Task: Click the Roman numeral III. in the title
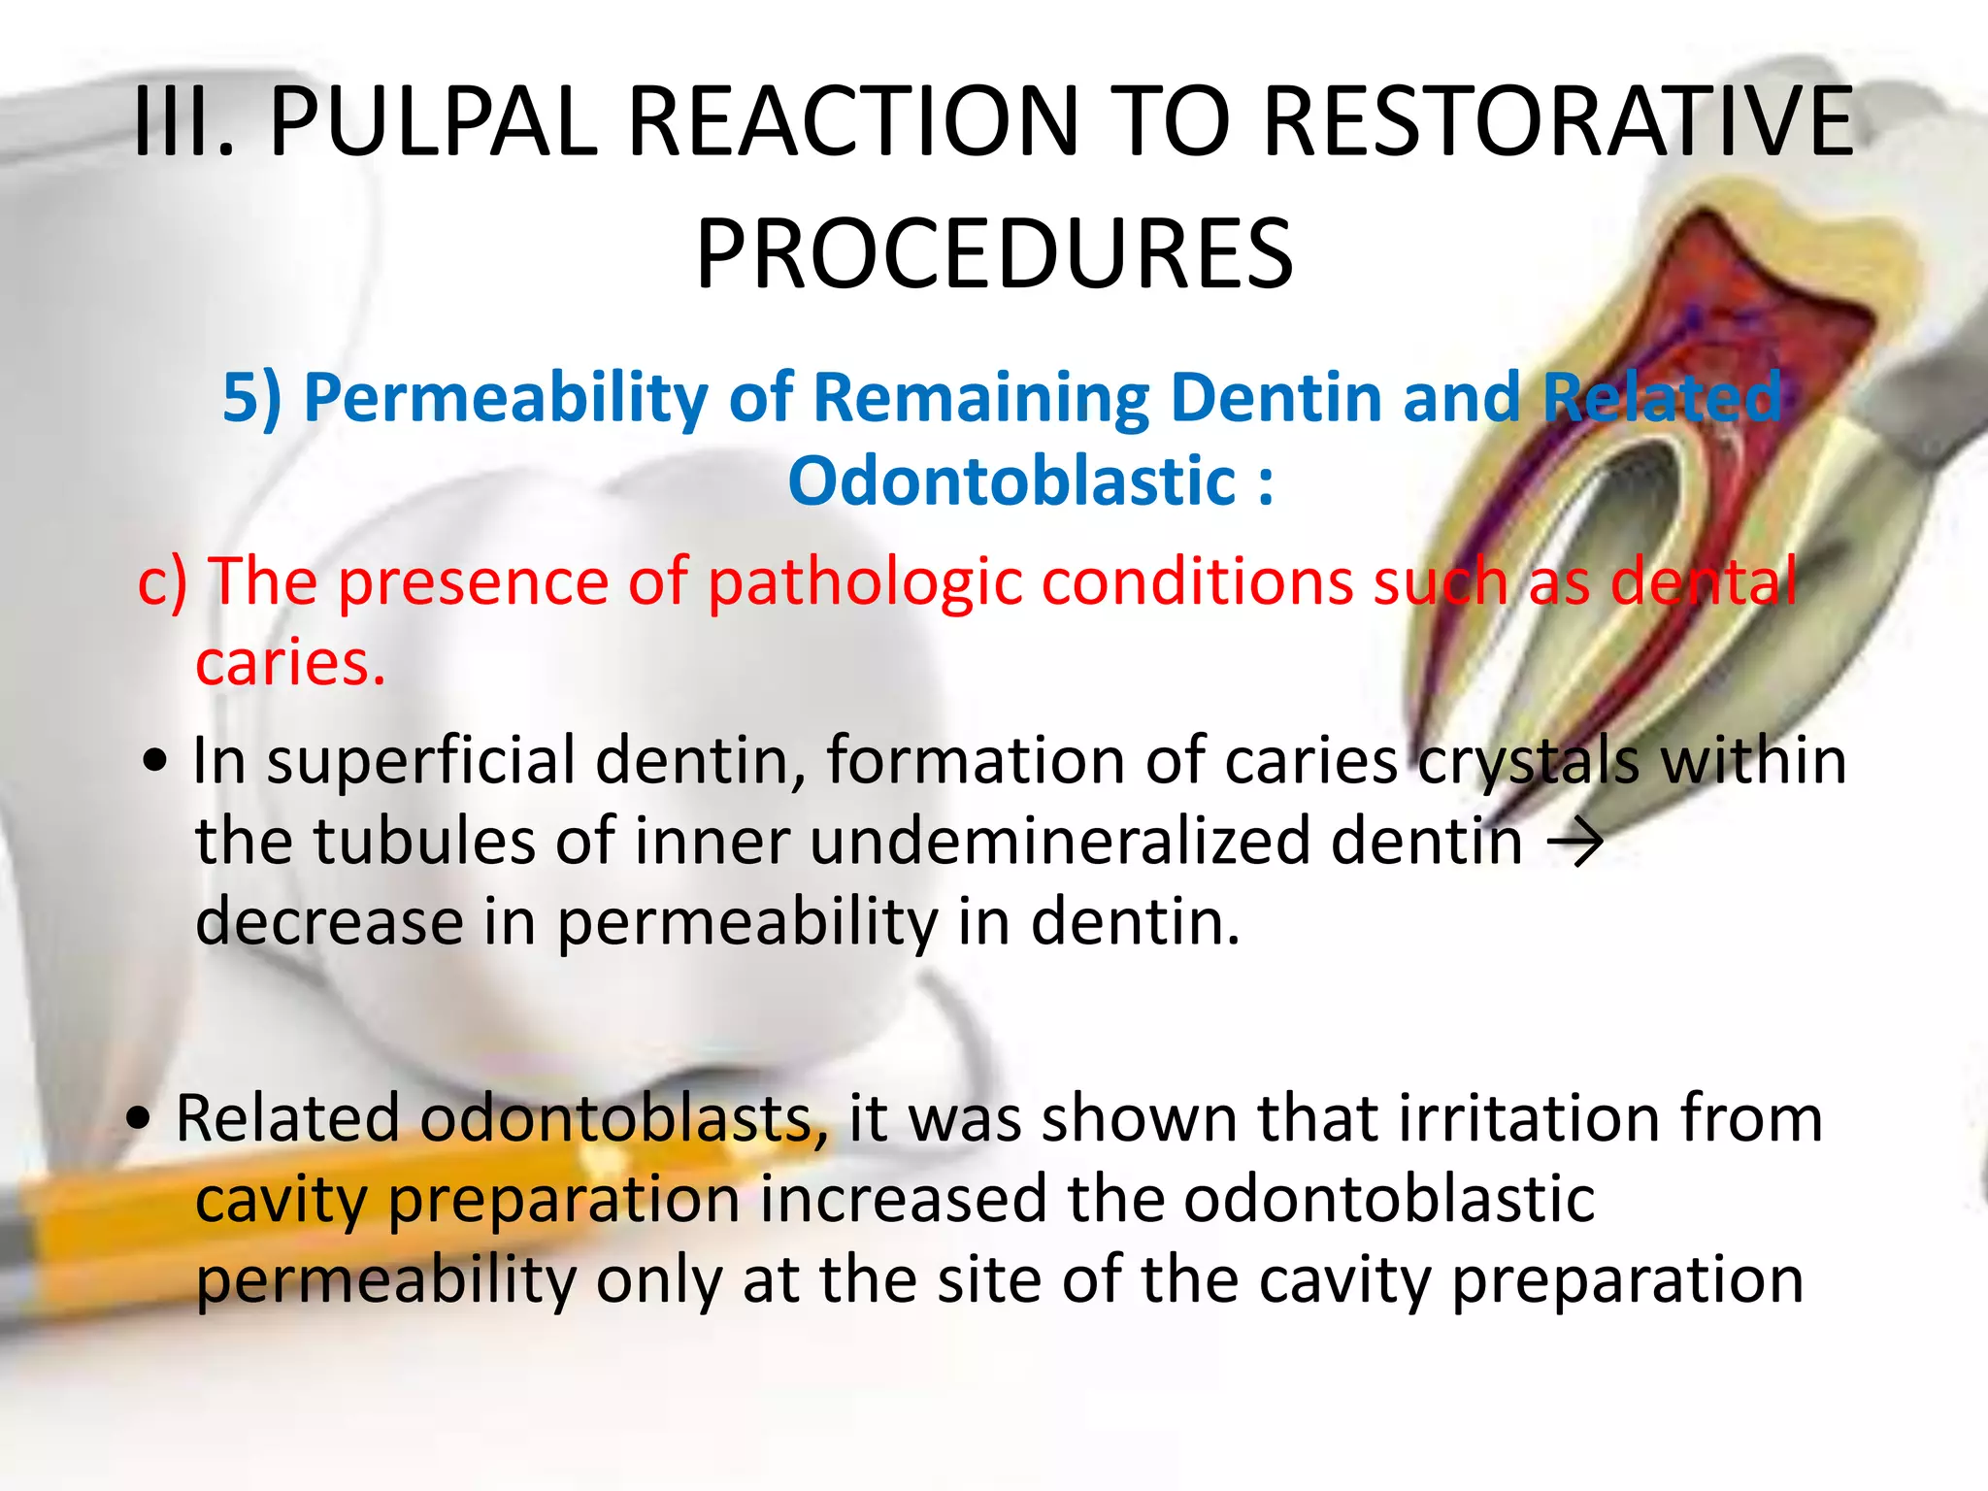(x=183, y=121)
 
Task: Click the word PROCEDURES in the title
(x=994, y=254)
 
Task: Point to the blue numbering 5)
(x=251, y=398)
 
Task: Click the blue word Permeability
(x=506, y=398)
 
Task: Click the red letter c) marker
(x=161, y=582)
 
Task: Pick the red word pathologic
(x=865, y=582)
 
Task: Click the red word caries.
(x=289, y=664)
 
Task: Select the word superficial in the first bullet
(x=421, y=760)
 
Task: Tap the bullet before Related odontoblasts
(x=140, y=1120)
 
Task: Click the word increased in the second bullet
(x=903, y=1200)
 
